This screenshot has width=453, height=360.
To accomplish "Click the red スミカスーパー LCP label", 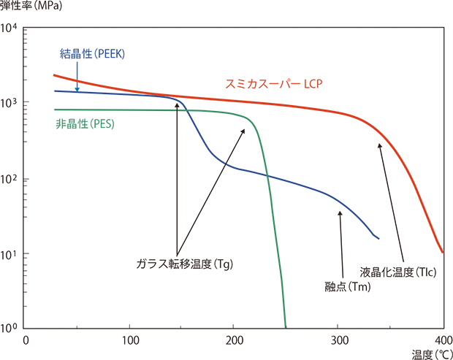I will click(273, 83).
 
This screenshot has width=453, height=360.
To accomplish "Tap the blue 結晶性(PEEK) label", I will click(91, 54).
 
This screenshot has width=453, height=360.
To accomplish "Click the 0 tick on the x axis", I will click(26, 340).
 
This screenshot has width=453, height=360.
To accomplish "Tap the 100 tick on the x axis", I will click(129, 340).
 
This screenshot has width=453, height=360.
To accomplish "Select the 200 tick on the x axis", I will click(234, 340).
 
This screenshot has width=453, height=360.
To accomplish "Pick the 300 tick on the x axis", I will click(338, 340).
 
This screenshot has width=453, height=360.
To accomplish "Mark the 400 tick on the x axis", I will click(442, 340).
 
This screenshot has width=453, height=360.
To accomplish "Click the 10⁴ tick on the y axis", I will click(12, 29).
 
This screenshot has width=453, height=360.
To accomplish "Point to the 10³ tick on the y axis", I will click(12, 104).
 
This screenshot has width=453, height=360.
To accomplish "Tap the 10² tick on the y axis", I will click(12, 179).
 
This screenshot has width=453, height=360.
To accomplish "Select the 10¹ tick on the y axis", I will click(12, 253).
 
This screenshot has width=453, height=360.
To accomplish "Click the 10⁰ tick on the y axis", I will click(12, 328).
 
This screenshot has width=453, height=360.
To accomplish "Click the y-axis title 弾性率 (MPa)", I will click(25, 6).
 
